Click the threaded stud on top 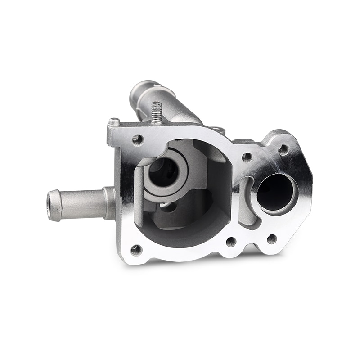[x=157, y=112]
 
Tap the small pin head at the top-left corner [x=115, y=121]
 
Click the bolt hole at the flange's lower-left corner [x=136, y=249]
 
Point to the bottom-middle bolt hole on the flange [x=231, y=242]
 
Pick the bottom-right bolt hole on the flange [x=272, y=239]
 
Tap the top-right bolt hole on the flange [x=283, y=149]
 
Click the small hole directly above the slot [x=247, y=157]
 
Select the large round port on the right [x=276, y=192]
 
